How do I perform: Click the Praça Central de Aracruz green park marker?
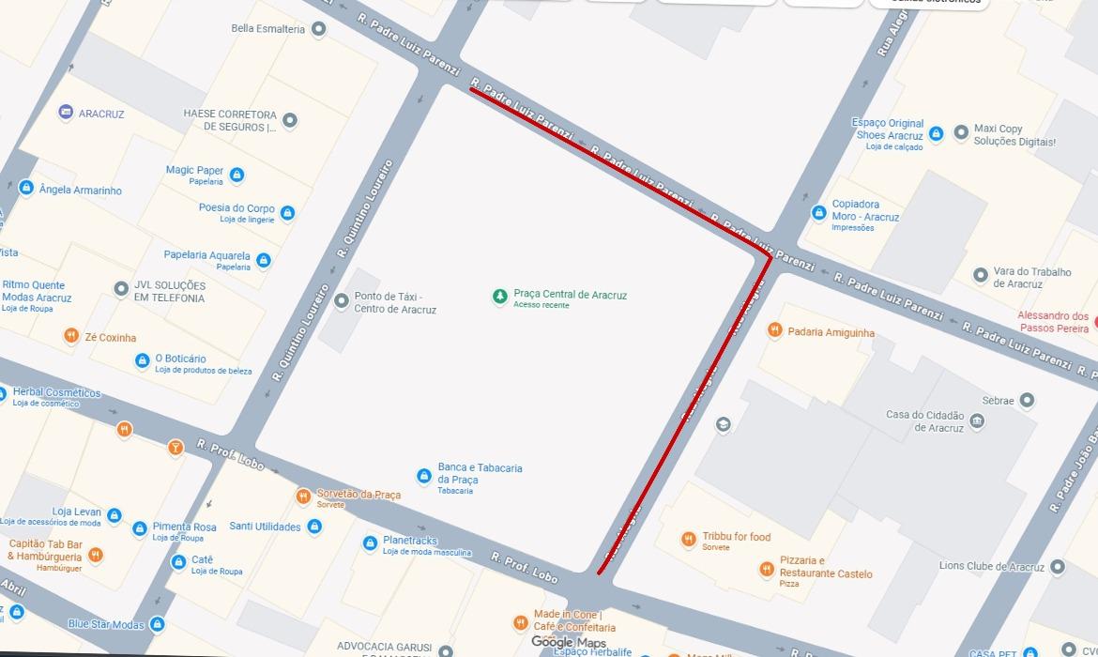coord(500,297)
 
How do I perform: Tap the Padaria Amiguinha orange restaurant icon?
coord(774,330)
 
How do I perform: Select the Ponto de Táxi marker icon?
coord(341,300)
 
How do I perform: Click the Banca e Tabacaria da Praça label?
coord(480,474)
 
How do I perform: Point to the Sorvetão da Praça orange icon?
coord(303,497)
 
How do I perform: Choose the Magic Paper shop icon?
coord(236,176)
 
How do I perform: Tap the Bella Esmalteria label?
coord(267,29)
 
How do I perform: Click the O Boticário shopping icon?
coord(142,360)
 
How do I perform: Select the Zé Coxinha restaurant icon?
coord(71,336)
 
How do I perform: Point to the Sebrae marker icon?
coord(1028,401)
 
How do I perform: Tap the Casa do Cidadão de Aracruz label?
coord(924,421)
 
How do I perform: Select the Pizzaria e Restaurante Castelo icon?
coord(766,569)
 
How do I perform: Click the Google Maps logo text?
coord(568,643)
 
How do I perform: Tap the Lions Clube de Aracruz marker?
coord(1059,567)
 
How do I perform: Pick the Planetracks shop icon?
coord(370,543)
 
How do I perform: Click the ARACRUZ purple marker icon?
coord(66,113)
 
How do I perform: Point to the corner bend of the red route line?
coord(770,256)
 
